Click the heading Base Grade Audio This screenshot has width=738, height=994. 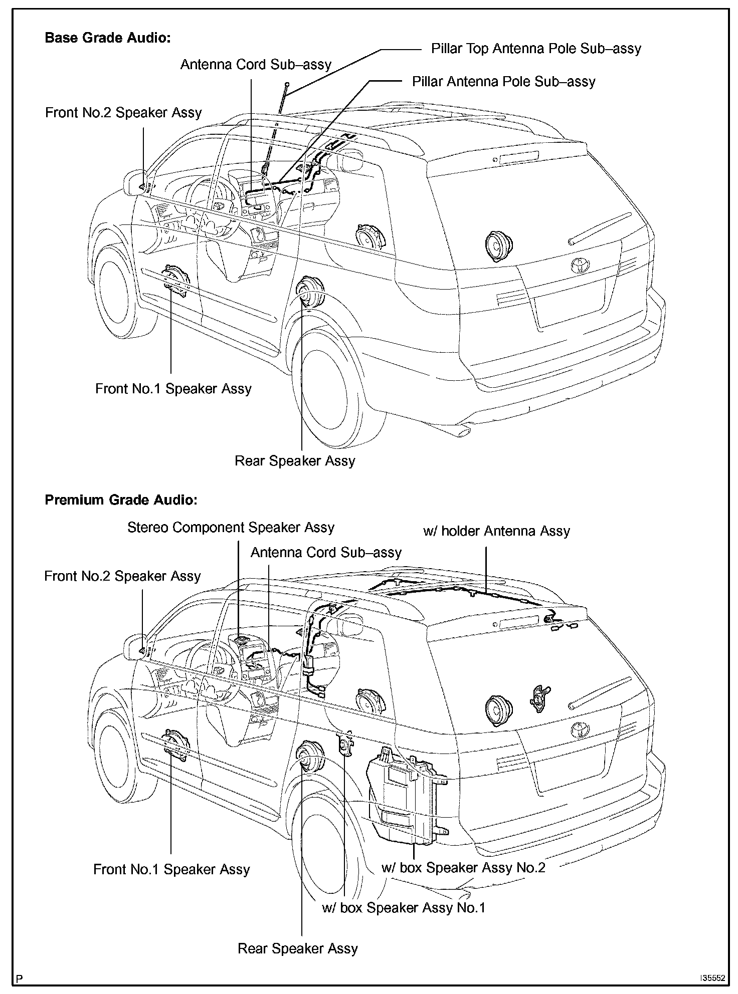point(108,38)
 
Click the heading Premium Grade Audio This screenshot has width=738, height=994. point(121,500)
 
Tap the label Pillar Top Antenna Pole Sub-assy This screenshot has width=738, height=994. point(536,49)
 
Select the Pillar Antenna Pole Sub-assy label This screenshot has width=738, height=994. point(503,82)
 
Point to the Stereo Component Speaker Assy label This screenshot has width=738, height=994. point(231,528)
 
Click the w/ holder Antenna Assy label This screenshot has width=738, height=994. point(496,531)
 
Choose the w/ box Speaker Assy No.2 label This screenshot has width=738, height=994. point(463,868)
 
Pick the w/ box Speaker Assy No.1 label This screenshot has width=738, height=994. point(403,908)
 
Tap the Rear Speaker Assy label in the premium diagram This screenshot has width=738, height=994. point(297,948)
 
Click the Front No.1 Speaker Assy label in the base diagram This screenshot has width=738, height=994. point(173,389)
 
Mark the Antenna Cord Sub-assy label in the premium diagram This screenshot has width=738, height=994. point(326,553)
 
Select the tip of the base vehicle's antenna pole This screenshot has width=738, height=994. point(287,84)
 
